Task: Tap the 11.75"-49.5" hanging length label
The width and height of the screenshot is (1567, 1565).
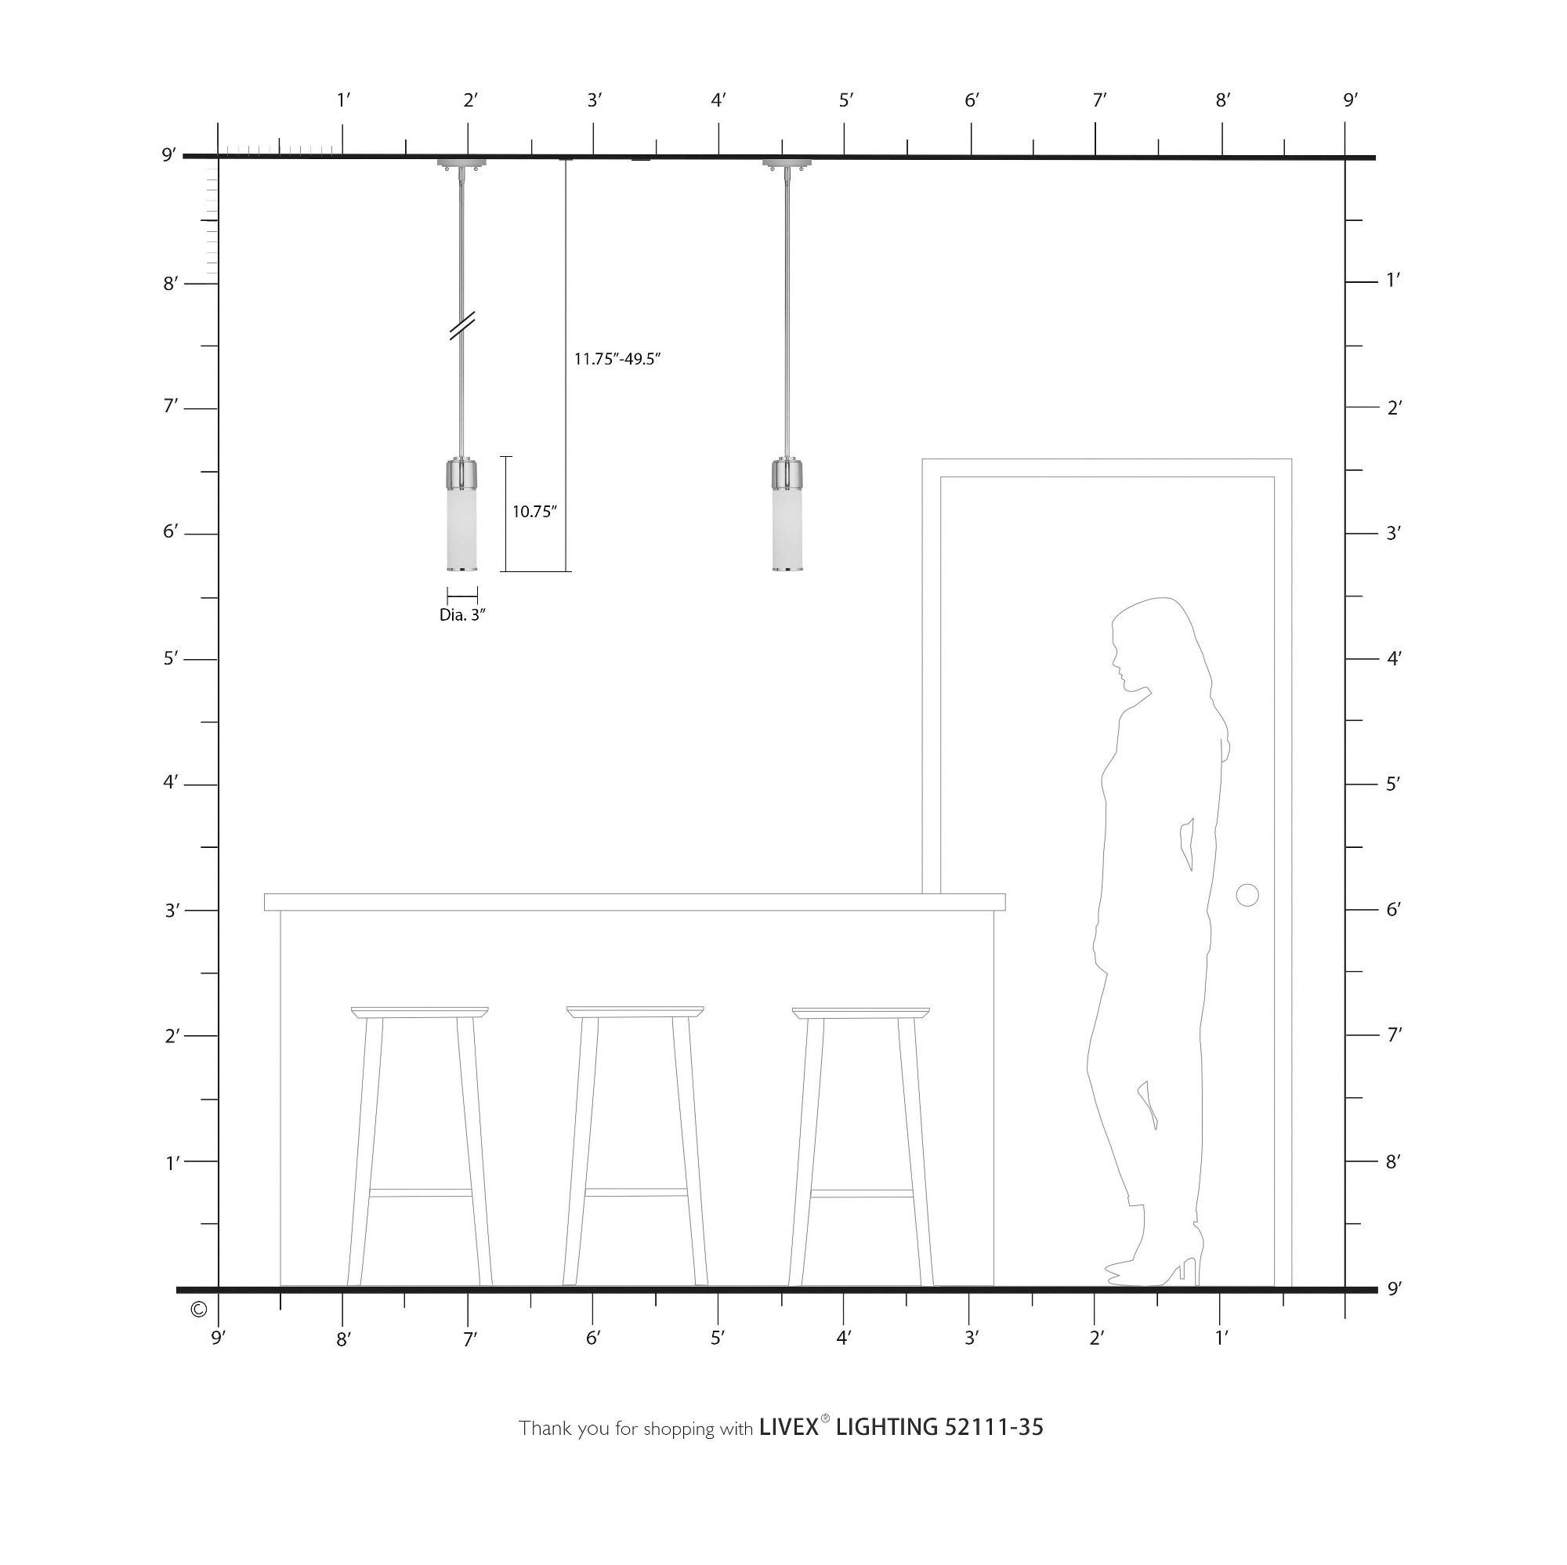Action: click(617, 360)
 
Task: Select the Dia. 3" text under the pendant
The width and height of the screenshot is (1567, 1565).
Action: click(462, 615)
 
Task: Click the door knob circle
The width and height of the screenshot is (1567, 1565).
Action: click(1247, 896)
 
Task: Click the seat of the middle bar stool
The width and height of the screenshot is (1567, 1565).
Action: click(635, 1012)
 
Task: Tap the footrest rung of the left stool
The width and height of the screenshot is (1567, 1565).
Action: click(420, 1193)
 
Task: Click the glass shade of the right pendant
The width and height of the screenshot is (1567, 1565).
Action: click(787, 530)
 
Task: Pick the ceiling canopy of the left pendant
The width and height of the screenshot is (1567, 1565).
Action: click(461, 163)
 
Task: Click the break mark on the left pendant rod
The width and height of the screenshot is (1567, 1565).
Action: click(462, 325)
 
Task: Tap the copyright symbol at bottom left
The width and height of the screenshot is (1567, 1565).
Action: click(198, 1310)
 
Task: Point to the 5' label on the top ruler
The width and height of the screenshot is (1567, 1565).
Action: click(846, 100)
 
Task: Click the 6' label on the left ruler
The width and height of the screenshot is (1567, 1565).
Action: click(170, 531)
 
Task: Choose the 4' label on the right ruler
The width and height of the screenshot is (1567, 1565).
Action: click(1393, 658)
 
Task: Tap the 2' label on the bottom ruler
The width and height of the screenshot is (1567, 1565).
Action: click(1097, 1339)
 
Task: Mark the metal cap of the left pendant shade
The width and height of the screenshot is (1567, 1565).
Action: click(461, 475)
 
